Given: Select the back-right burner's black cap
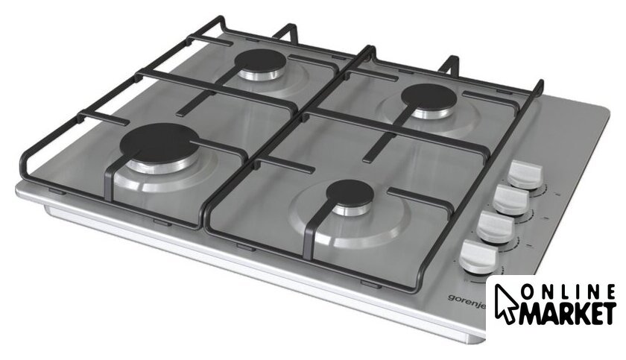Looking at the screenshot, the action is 429,97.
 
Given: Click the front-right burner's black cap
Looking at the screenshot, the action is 350,194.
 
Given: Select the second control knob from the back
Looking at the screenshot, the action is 511,200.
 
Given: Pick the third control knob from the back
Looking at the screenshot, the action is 496,227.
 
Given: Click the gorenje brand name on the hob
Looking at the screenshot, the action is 467,301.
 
